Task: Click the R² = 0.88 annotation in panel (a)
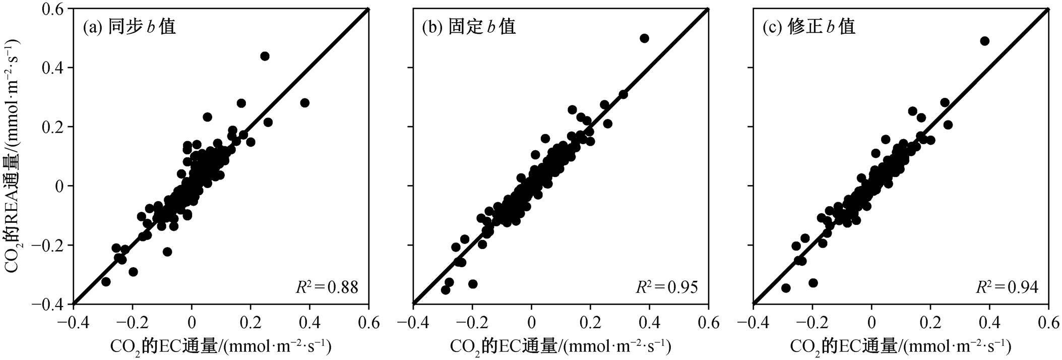[327, 287]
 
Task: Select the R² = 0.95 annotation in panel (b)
[666, 287]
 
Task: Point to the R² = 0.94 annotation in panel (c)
[1007, 287]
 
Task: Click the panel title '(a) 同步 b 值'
[130, 26]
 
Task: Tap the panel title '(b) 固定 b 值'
[469, 26]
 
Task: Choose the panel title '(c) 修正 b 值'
[809, 26]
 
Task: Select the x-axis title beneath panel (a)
[221, 346]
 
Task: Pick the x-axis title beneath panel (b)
[560, 346]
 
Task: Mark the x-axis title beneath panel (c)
[901, 346]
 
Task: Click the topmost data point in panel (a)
[265, 56]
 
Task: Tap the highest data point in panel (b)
[644, 38]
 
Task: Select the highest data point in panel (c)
[985, 41]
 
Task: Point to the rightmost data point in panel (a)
[304, 103]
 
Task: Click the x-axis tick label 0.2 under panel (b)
[590, 322]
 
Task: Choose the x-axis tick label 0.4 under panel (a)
[309, 322]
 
